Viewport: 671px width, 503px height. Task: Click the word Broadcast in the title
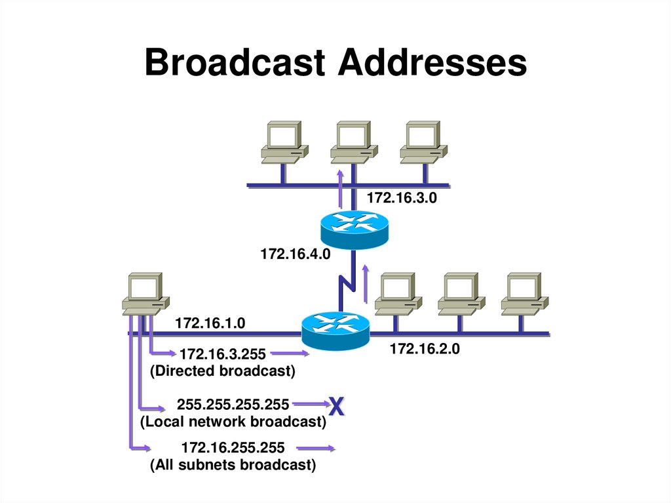click(235, 64)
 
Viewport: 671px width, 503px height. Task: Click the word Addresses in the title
click(432, 64)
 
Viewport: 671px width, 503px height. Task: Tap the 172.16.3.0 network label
click(401, 197)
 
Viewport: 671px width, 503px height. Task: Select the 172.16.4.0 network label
click(294, 253)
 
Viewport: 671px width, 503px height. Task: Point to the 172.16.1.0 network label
click(210, 323)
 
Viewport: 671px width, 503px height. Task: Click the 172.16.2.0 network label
click(425, 350)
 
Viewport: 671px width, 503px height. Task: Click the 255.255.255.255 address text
click(233, 405)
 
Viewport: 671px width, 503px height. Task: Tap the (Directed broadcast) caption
click(223, 371)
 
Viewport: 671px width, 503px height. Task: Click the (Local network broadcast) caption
click(233, 422)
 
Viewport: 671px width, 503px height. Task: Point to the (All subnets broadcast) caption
click(233, 466)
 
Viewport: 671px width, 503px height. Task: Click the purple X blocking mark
click(336, 407)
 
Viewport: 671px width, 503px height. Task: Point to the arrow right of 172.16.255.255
click(316, 449)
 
